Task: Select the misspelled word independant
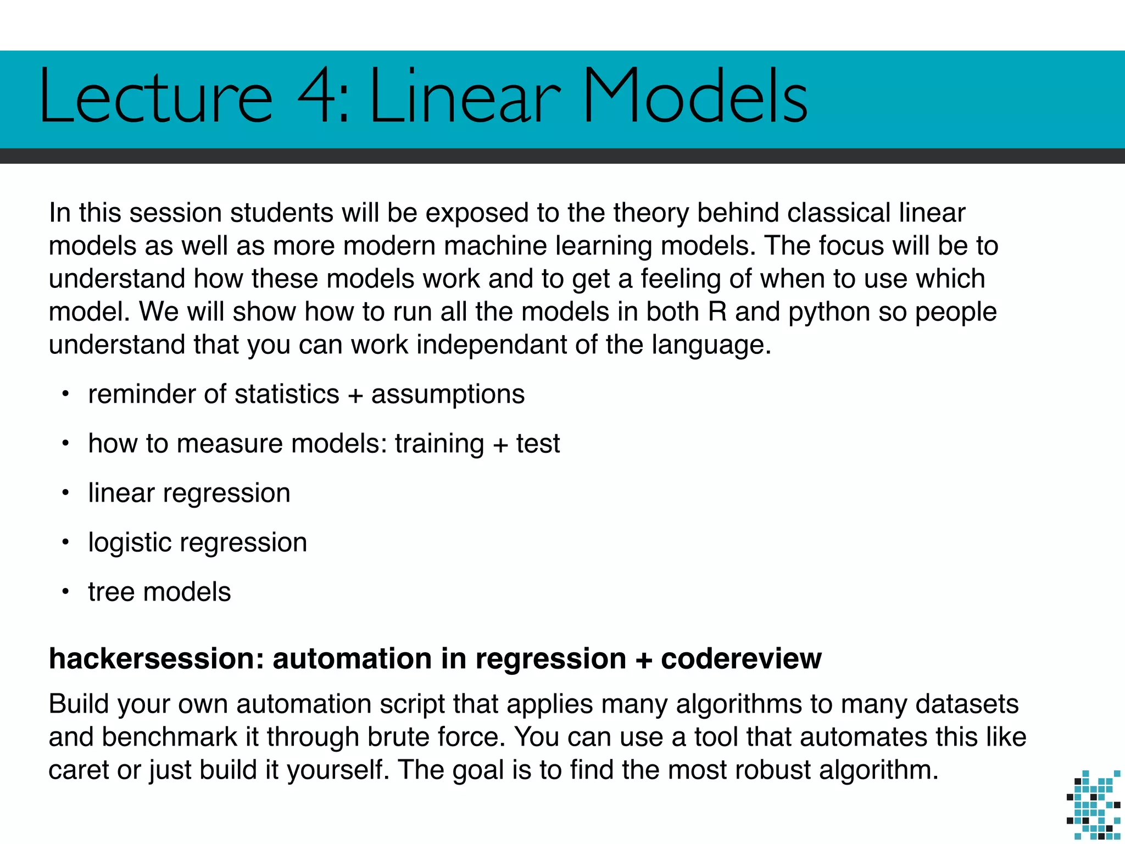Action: coord(492,345)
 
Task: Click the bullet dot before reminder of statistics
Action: coord(65,394)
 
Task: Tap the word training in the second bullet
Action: coord(439,444)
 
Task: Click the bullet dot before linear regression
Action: coord(65,493)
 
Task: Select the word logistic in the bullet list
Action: coord(130,543)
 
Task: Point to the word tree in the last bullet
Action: coord(112,592)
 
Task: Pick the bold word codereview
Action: coord(741,658)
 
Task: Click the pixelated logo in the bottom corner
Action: coord(1093,805)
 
